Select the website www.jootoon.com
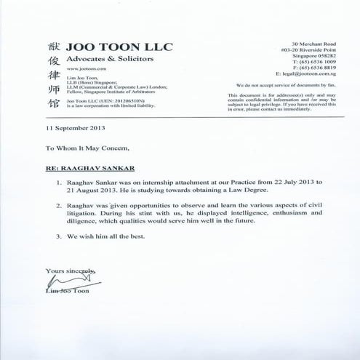(72, 74)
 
